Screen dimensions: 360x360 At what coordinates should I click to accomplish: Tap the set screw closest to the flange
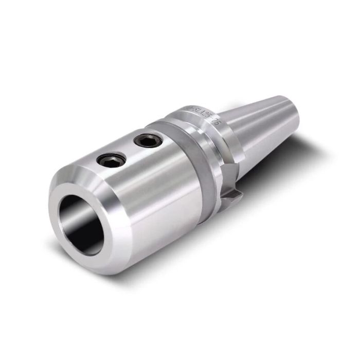(146, 139)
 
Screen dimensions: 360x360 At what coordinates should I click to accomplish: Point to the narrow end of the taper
(291, 111)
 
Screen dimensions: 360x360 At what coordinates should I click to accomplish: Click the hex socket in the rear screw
(146, 139)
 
